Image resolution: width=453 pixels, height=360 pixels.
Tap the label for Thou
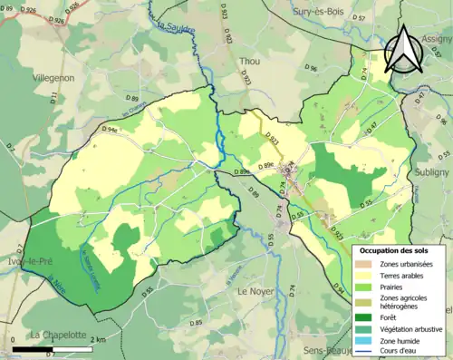coord(249,61)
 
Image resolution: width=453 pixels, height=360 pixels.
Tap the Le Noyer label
coord(256,292)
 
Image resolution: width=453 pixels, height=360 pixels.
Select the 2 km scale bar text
coord(99,339)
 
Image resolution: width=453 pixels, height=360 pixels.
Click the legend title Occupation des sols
coord(396,249)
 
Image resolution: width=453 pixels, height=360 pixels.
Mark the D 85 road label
coord(196,324)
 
